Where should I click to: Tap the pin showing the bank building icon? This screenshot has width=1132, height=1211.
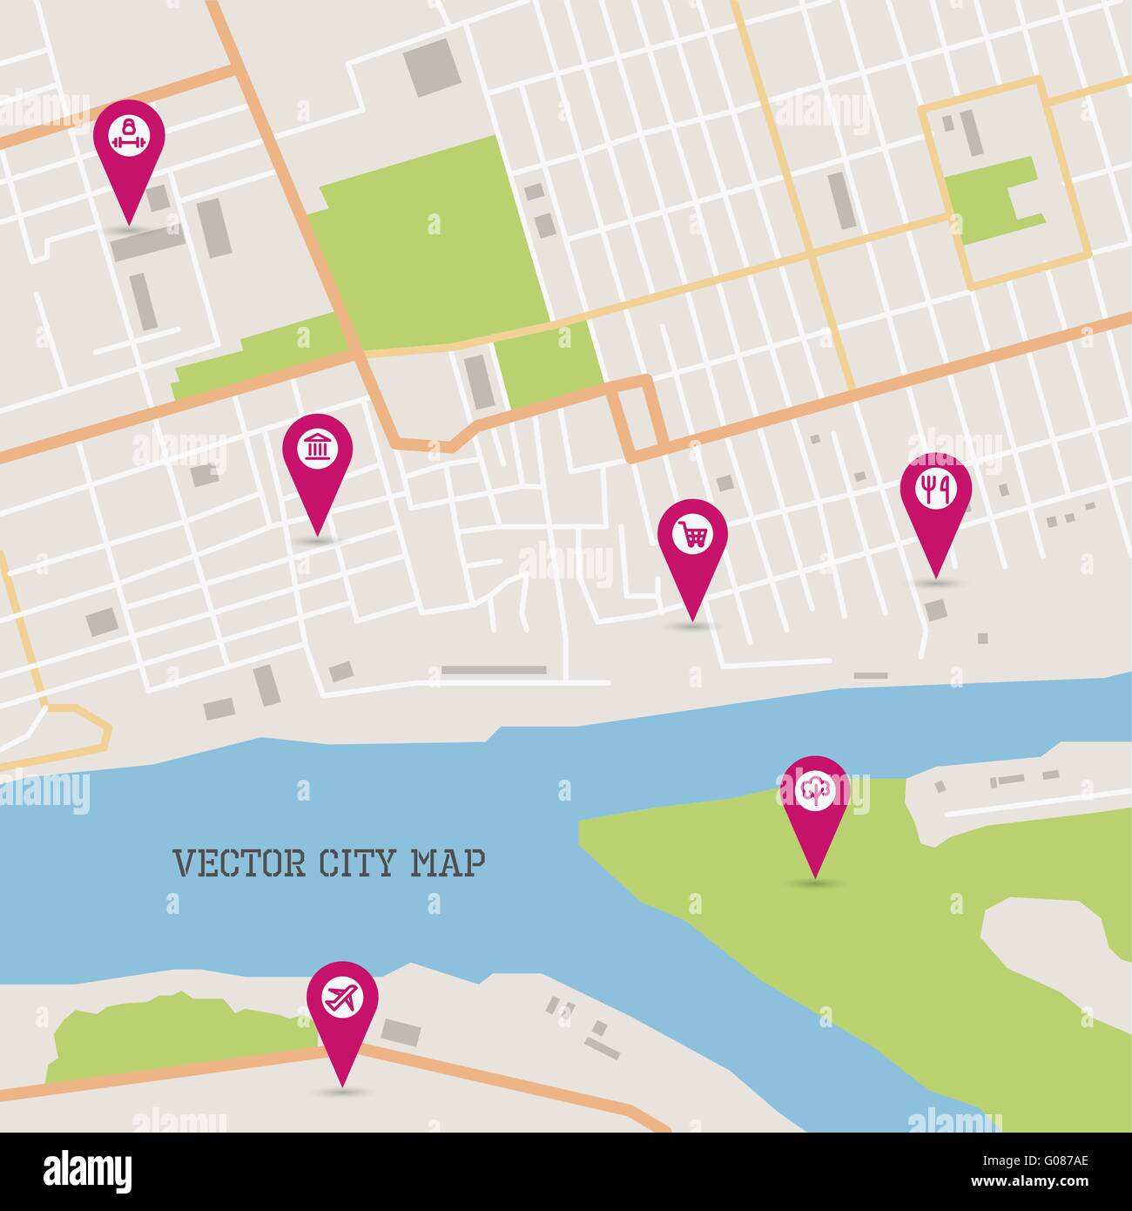pyautogui.click(x=317, y=453)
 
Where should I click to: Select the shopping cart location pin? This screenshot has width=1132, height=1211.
pyautogui.click(x=692, y=537)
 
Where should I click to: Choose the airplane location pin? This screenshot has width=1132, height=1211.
pyautogui.click(x=343, y=998)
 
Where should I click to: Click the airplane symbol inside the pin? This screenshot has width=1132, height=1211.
pyautogui.click(x=343, y=996)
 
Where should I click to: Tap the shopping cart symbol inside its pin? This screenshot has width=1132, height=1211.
pyautogui.click(x=692, y=534)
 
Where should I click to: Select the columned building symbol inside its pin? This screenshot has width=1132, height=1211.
pyautogui.click(x=317, y=450)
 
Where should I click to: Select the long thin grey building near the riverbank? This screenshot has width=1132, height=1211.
pyautogui.click(x=494, y=670)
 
